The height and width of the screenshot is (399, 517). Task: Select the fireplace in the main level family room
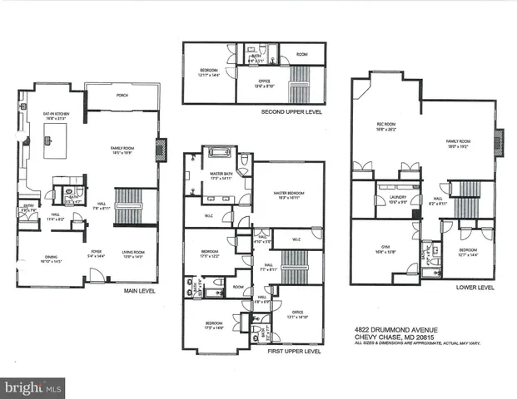162,145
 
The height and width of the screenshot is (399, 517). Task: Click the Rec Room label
385,128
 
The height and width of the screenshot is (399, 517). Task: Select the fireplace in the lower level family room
500,143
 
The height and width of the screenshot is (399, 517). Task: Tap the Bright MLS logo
34,387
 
